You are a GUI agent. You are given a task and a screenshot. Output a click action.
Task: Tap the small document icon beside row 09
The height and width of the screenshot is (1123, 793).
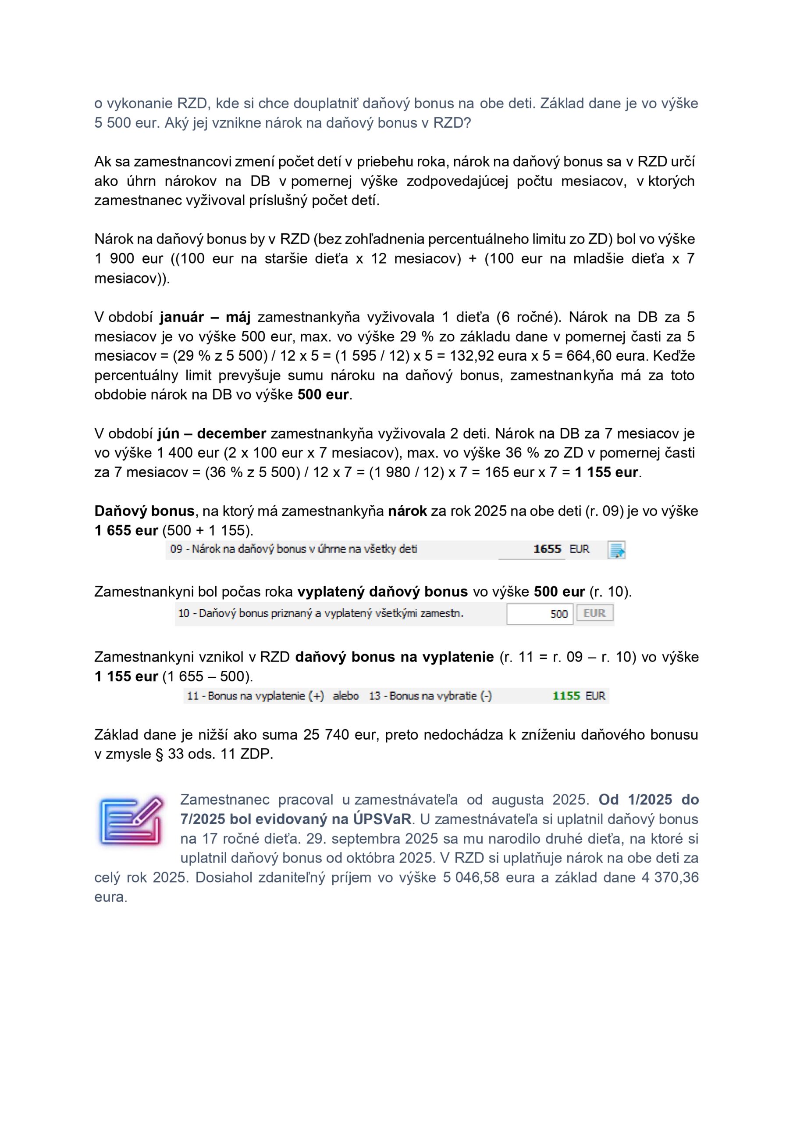tap(616, 550)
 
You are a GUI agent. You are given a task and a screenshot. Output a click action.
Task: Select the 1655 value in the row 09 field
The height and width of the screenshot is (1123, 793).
tap(547, 549)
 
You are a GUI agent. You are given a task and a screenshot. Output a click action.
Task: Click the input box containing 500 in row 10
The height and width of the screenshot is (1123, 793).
tap(539, 614)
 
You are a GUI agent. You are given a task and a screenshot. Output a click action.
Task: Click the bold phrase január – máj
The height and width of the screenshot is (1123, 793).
tap(205, 318)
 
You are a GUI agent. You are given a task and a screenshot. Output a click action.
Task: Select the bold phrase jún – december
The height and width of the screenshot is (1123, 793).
tap(211, 434)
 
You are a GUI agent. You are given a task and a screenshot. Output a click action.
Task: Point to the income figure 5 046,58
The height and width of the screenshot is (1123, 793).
tap(471, 877)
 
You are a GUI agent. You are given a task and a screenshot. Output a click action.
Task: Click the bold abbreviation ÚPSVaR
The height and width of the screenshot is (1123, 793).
tap(382, 819)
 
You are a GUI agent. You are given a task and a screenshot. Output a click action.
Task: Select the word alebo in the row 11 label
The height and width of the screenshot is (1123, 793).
tap(346, 696)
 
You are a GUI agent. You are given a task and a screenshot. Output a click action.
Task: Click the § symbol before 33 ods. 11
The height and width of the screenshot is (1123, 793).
tap(159, 754)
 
